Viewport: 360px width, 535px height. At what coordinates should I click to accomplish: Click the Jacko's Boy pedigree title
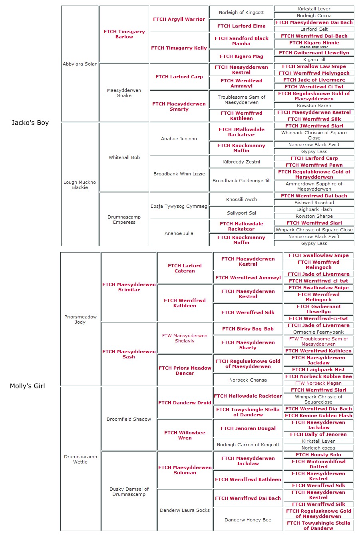(30, 123)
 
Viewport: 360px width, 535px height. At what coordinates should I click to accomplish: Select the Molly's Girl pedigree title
(27, 386)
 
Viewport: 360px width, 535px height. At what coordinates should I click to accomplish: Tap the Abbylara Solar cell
(80, 64)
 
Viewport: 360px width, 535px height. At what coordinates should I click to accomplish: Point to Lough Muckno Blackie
(80, 185)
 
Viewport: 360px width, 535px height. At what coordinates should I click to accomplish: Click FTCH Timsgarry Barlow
(124, 34)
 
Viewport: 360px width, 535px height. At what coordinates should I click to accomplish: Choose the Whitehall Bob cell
(124, 157)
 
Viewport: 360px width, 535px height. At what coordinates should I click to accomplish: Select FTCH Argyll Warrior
(179, 19)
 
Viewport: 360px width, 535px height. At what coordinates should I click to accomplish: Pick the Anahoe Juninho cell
(179, 139)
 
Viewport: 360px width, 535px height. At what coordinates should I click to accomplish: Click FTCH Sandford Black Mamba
(241, 41)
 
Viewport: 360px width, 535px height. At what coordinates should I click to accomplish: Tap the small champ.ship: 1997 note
(314, 47)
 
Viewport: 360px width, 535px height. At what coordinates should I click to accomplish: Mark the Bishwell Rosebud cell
(314, 203)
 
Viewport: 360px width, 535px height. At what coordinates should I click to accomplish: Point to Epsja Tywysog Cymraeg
(179, 206)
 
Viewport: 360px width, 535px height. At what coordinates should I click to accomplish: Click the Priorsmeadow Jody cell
(80, 319)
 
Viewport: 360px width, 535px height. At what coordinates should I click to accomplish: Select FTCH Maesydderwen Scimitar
(129, 287)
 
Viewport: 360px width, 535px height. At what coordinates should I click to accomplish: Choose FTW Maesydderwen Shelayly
(185, 338)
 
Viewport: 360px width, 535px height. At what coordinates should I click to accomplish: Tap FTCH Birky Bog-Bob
(248, 329)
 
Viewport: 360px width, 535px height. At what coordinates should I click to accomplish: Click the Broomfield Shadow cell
(129, 419)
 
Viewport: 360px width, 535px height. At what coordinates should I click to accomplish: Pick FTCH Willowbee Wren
(185, 435)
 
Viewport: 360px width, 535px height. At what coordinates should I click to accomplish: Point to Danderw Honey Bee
(248, 520)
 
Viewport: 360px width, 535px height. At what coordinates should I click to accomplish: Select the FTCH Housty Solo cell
(318, 455)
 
